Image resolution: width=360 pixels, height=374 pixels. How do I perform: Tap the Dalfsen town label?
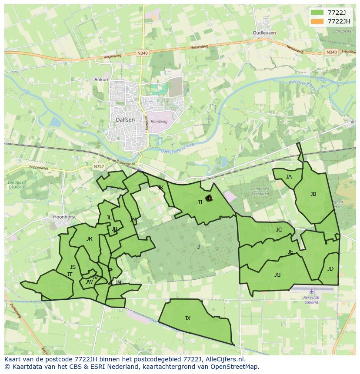point(125,119)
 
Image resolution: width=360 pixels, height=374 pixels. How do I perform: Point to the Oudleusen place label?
point(264,33)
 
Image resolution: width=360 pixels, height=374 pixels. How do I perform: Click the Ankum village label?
point(102,80)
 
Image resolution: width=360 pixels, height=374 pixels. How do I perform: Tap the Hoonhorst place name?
point(64,217)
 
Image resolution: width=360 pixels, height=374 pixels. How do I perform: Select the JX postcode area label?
point(187,318)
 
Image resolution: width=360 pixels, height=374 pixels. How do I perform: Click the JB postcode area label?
point(313,194)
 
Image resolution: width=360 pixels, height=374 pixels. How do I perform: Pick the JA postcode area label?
point(289,177)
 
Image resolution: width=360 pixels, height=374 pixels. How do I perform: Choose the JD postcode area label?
point(330,269)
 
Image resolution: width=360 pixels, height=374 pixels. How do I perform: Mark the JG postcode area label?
point(277,275)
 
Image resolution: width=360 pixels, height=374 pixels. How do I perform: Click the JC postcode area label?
point(279,230)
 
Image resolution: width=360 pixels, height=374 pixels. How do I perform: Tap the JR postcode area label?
point(89,239)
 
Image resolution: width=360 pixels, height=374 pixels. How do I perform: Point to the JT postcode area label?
point(70,275)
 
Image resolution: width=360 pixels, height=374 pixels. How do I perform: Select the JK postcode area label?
point(160,188)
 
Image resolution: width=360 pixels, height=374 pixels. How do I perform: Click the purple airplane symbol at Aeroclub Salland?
point(311,291)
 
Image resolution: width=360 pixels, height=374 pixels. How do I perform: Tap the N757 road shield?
point(99,166)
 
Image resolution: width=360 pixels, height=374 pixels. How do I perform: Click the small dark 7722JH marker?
point(209,199)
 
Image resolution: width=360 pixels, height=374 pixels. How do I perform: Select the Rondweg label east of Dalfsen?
point(160,122)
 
